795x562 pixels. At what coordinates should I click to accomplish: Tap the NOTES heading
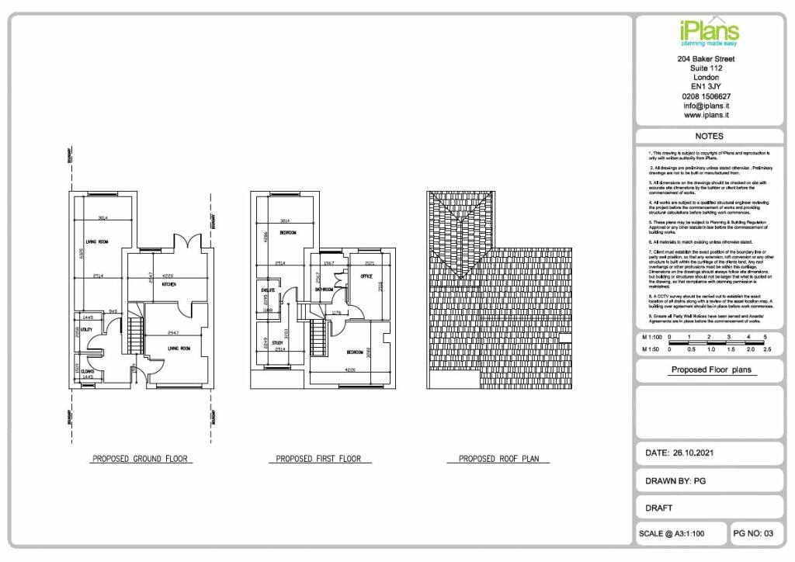[x=709, y=136]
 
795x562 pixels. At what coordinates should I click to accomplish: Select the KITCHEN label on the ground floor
[x=168, y=285]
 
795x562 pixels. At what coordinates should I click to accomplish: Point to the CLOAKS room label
[x=88, y=371]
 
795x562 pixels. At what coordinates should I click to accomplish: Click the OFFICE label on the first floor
[x=367, y=277]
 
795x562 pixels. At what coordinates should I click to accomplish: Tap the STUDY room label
[x=278, y=342]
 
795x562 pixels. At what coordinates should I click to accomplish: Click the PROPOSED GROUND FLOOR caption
[x=141, y=459]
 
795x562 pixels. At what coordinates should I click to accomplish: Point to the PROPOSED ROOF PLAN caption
[x=498, y=459]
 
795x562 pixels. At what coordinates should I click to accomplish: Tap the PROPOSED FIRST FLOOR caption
[x=318, y=459]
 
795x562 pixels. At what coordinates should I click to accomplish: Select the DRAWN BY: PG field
[x=675, y=480]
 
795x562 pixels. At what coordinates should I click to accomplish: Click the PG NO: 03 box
[x=754, y=533]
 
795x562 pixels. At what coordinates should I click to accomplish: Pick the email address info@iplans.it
[x=706, y=106]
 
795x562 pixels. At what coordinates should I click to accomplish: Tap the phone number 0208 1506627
[x=706, y=96]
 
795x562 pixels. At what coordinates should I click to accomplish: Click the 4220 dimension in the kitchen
[x=168, y=275]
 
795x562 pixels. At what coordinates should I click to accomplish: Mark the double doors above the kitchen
[x=186, y=240]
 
